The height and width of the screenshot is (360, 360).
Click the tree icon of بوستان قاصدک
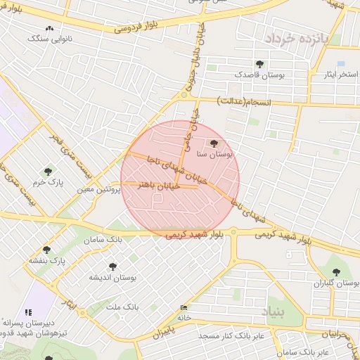tap(260, 64)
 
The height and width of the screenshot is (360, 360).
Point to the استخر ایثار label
tap(338, 73)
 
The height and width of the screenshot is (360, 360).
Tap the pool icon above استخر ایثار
tap(340, 63)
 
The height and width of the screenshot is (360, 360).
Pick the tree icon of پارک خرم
tap(48, 171)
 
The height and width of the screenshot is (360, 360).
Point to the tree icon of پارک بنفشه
tap(46, 250)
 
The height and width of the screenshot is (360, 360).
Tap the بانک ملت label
tap(123, 308)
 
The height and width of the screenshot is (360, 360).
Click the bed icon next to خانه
tap(184, 308)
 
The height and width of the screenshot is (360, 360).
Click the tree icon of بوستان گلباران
tap(335, 272)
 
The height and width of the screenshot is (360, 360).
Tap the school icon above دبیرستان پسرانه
tap(28, 312)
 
